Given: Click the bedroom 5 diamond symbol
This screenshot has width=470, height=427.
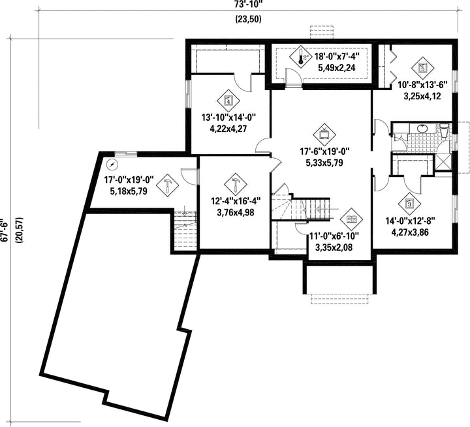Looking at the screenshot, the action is [422, 68].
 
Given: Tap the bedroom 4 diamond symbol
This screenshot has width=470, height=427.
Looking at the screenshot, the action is [228, 101].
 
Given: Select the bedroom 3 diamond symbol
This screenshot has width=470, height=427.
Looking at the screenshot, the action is [409, 204].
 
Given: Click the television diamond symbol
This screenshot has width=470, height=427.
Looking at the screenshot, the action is [324, 134].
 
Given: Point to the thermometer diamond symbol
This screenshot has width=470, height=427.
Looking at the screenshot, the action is [301, 56].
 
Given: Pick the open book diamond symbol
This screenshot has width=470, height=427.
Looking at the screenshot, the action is [352, 219].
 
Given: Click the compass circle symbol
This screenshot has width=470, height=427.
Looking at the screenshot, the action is [112, 165].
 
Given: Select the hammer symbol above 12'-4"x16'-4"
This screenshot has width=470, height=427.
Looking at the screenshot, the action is [235, 184].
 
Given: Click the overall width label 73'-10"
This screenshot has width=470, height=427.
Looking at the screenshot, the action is [249, 4].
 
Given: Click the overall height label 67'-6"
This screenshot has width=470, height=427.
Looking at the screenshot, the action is [4, 229].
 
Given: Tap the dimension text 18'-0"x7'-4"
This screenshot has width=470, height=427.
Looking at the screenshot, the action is [337, 56].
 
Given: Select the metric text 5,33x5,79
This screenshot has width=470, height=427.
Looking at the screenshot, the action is [324, 163].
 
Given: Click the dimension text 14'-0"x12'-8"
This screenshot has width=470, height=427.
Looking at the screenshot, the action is [410, 221].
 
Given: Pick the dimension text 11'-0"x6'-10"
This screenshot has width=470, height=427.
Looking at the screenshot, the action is [334, 236].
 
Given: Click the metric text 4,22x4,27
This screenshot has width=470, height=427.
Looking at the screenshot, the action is [228, 129].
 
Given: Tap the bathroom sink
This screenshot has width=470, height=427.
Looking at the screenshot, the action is [422, 129].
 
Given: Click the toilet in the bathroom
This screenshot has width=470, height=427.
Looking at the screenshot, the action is [445, 131].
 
